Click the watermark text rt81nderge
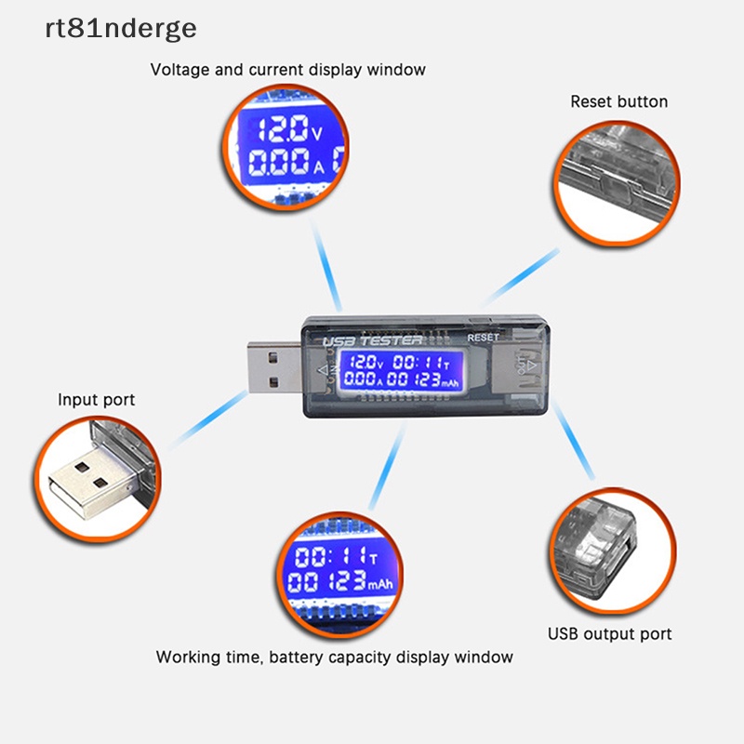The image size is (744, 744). coord(121,29)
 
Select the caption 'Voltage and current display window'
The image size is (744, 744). coord(288,70)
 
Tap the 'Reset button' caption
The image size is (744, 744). coord(618,101)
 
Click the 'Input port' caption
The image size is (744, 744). coord(97,400)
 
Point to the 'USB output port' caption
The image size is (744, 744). coord(610,634)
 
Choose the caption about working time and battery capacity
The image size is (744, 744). coord(335,657)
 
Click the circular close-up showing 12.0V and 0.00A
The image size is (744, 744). coord(286,147)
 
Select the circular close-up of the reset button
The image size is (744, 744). coord(617,183)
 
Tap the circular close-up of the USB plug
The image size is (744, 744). coord(98,479)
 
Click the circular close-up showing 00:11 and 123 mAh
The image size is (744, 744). coord(339,575)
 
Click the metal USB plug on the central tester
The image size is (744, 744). coord(274,367)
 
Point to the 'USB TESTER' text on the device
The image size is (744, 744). coord(372,340)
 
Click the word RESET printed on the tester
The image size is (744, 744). coord(483,338)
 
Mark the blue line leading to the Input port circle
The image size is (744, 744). coord(208,420)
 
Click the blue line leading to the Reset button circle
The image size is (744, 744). coord(521,276)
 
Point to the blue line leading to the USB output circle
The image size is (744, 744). coord(573,439)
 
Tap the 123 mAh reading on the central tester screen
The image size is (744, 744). coord(436,379)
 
